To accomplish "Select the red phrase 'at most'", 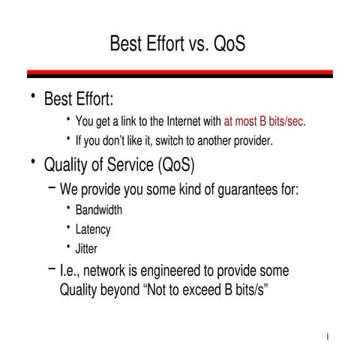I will pyautogui.click(x=241, y=121).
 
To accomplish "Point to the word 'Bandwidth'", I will pyautogui.click(x=98, y=210).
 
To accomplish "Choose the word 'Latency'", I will pyautogui.click(x=92, y=229).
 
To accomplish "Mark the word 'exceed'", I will pyautogui.click(x=198, y=289).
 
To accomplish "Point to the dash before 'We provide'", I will pyautogui.click(x=51, y=187).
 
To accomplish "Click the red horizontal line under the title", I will pyautogui.click(x=180, y=73).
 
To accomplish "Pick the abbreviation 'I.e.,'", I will pyautogui.click(x=72, y=270).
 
